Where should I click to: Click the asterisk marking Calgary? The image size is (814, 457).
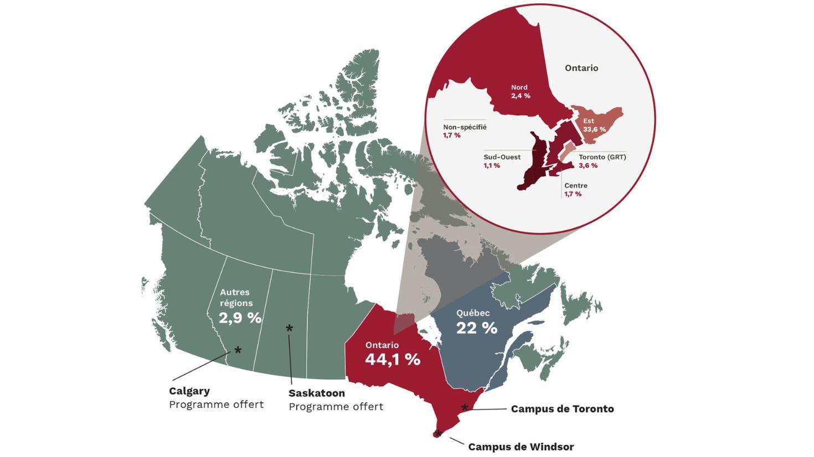pos(238,350)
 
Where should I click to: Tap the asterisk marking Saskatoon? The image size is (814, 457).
pos(289,329)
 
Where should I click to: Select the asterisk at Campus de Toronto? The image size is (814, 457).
pos(465,408)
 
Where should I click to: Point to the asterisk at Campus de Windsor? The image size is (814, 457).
pos(439,433)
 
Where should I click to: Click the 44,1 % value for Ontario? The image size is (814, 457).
pos(392,360)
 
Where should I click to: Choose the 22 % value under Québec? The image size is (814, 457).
pos(476,328)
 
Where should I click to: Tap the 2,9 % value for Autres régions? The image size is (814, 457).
pos(240,318)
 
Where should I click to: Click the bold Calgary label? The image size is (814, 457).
pos(189,391)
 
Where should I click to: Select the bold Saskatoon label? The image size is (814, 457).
pos(316,393)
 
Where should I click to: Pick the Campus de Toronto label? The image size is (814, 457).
pos(562,409)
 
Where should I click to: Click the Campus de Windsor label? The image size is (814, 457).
pos(521,446)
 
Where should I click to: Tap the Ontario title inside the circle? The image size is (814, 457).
pos(581,68)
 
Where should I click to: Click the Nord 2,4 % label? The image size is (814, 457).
pos(520,91)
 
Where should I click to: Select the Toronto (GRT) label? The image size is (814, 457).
pos(602,157)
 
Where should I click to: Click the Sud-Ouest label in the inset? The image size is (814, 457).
pos(502,157)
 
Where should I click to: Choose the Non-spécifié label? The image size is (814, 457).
pos(465,127)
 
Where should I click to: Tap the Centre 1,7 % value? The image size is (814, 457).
pos(573,194)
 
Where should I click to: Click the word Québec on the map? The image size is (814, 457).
pos(473,313)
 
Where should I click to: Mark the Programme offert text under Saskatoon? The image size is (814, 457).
pos(336,407)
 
